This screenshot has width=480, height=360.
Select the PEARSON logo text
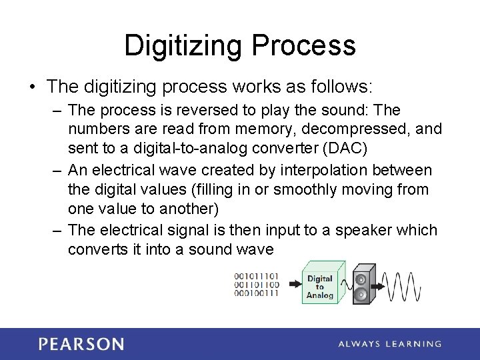pyautogui.click(x=81, y=344)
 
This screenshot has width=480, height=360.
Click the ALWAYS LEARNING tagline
pyautogui.click(x=389, y=344)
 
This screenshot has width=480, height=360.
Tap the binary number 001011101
pyautogui.click(x=257, y=276)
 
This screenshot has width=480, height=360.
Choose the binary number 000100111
pyautogui.click(x=257, y=293)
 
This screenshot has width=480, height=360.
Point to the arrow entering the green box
pyautogui.click(x=293, y=285)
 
